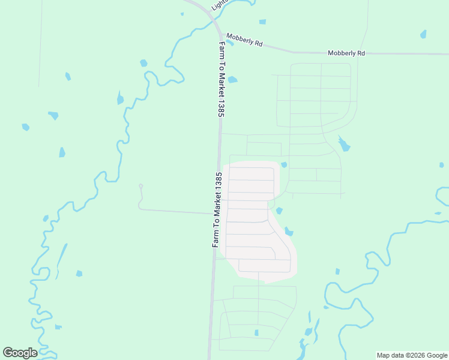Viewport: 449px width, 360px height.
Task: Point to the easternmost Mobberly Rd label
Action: click(x=346, y=53)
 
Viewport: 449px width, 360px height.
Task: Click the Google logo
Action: click(x=20, y=353)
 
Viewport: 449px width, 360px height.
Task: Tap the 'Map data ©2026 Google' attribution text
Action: click(x=412, y=355)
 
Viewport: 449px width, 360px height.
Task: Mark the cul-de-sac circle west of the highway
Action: click(x=140, y=186)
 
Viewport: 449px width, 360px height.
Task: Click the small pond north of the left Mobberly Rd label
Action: click(x=262, y=22)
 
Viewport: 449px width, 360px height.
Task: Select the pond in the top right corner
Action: click(x=424, y=34)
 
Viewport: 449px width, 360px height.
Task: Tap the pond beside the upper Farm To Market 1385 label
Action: click(x=232, y=79)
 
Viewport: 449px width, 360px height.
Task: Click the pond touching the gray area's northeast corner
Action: click(x=284, y=165)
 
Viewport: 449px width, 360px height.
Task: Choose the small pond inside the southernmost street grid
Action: click(x=256, y=333)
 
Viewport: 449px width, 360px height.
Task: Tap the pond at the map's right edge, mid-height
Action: click(x=442, y=164)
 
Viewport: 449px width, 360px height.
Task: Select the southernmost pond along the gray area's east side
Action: click(x=289, y=231)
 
